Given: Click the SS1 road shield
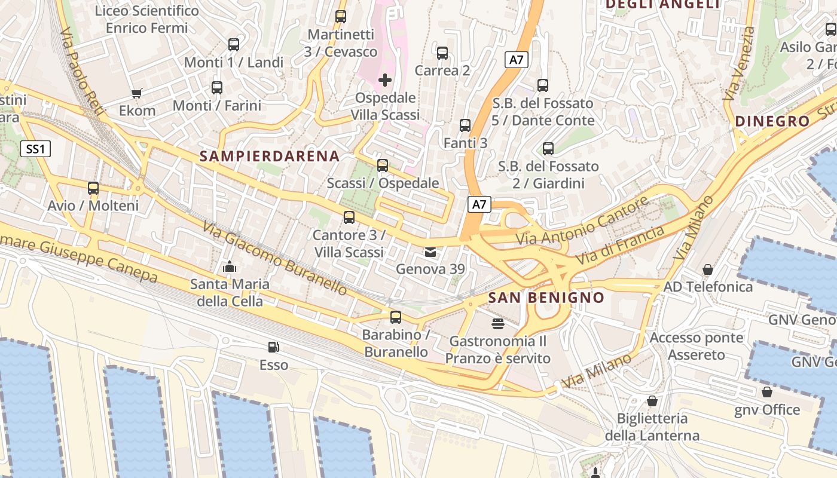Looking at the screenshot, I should (x=36, y=149).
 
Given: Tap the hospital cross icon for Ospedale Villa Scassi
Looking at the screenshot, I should (x=385, y=79).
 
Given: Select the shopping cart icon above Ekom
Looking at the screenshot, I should (x=137, y=93).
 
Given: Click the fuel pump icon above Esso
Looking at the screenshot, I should (x=273, y=347).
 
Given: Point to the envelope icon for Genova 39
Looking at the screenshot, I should (x=430, y=252).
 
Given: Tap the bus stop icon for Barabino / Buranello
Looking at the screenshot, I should (x=395, y=317).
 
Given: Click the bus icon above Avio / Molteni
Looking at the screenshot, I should (x=93, y=188).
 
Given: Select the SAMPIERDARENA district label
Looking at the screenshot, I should (x=270, y=157).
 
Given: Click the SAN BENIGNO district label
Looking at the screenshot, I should (x=546, y=298).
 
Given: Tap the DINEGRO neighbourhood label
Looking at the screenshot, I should (x=772, y=121).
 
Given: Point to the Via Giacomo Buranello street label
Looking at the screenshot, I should (x=274, y=258).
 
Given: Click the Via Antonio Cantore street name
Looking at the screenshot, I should (x=582, y=221).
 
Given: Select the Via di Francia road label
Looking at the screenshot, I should (x=620, y=246).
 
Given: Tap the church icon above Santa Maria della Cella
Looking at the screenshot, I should (x=230, y=267).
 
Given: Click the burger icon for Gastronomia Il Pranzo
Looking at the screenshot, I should (x=497, y=324).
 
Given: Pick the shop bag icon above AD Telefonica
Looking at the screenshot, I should (x=708, y=269).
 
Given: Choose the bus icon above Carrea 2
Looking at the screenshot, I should (x=442, y=53).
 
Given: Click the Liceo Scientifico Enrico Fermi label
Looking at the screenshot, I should (x=146, y=19).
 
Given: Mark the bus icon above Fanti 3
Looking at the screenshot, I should (x=465, y=125).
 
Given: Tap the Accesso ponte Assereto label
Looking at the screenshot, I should (x=697, y=346).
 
